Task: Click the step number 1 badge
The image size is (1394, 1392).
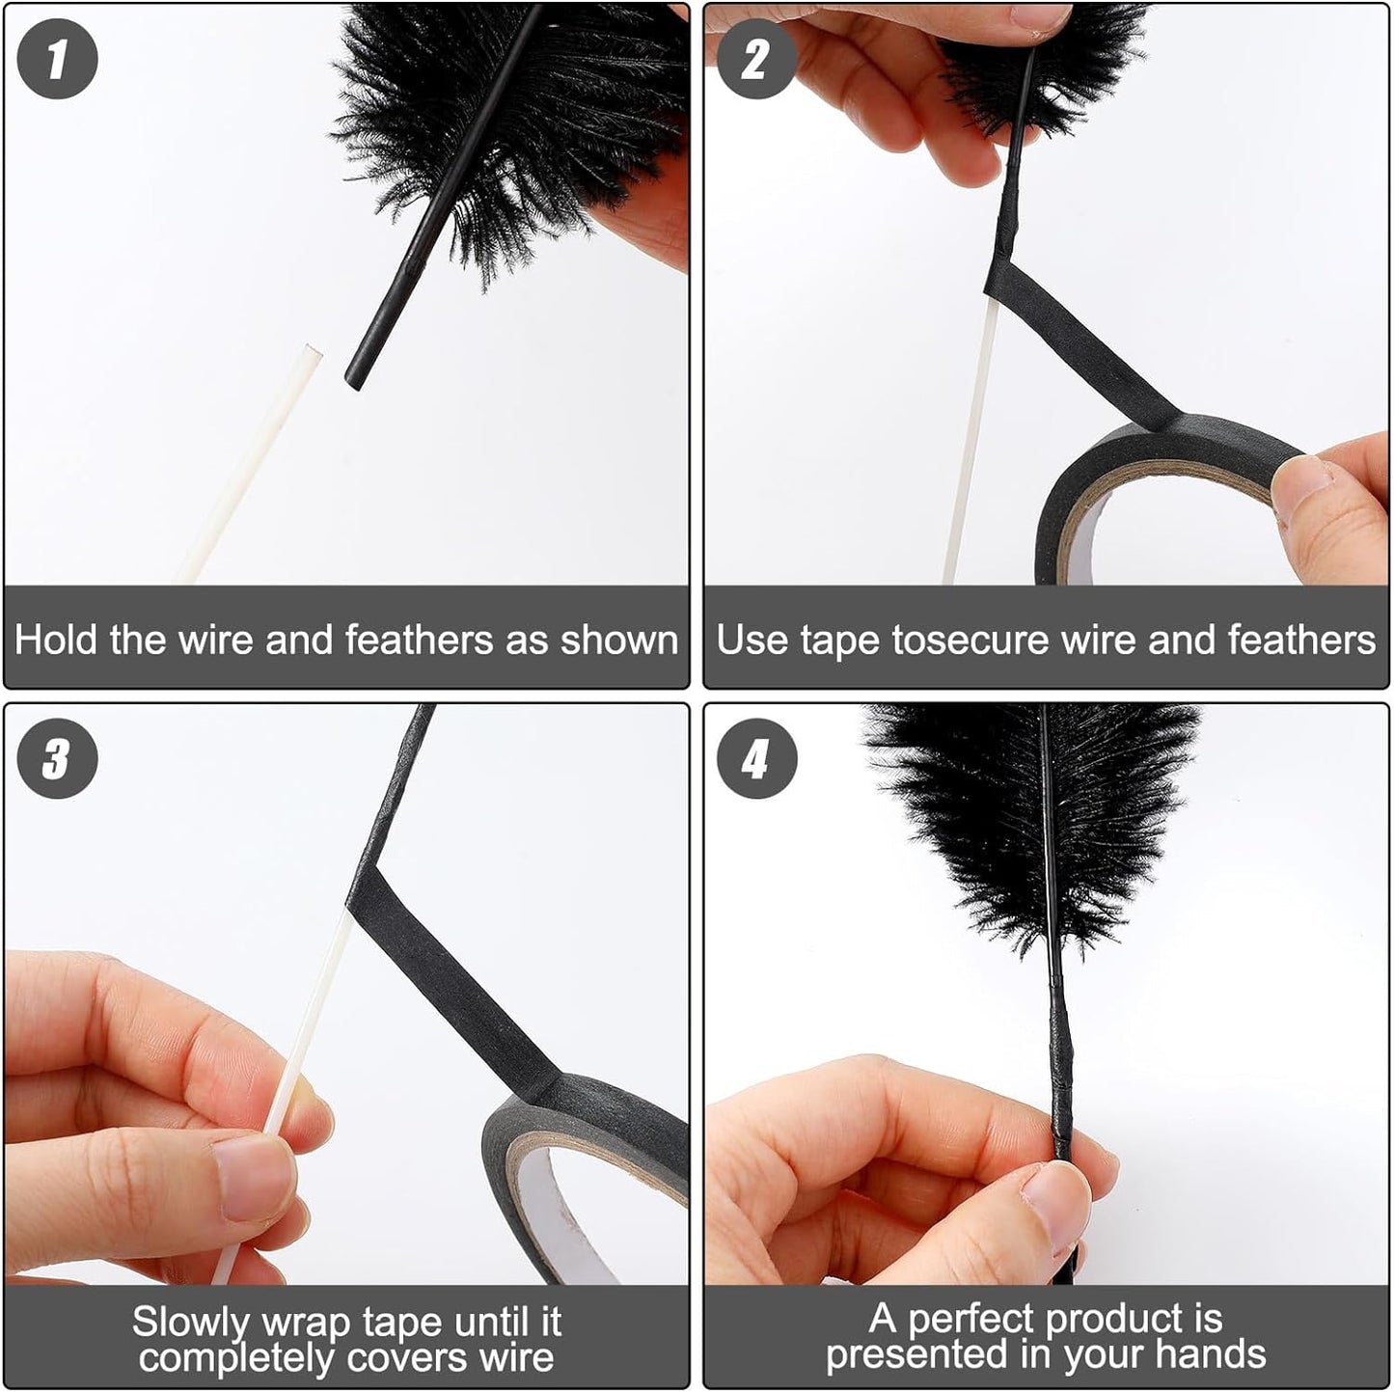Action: click(x=57, y=59)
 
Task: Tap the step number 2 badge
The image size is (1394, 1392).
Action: click(x=756, y=59)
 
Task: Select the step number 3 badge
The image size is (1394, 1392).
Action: click(x=57, y=758)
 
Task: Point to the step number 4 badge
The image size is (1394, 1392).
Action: click(x=756, y=758)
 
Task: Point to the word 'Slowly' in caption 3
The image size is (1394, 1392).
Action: click(x=191, y=1322)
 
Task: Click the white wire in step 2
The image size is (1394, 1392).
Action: click(x=970, y=453)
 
